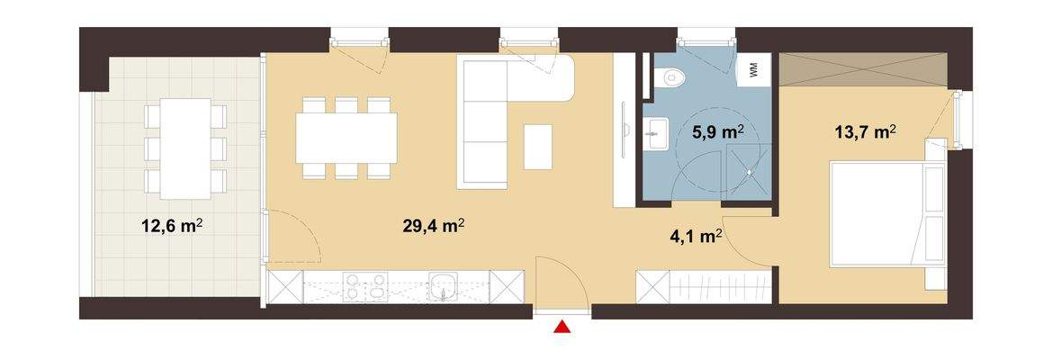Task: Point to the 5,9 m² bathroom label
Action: pos(717,132)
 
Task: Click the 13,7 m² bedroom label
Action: pos(865,133)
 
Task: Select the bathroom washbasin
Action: pos(654,136)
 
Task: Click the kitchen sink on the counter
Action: pos(443,288)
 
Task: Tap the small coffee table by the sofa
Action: pos(538,145)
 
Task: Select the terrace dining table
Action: pos(185,148)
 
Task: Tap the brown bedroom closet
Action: pos(863,69)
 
